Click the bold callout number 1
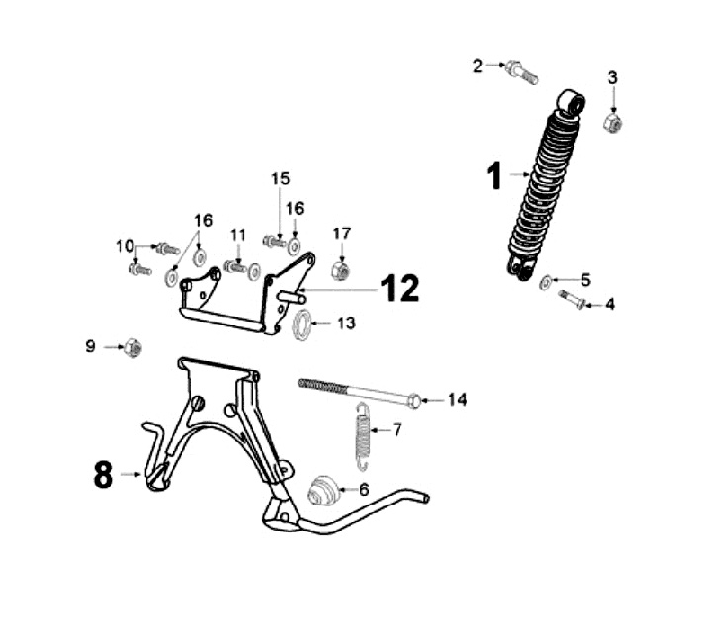point(493,177)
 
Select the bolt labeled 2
point(519,71)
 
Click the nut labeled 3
point(612,123)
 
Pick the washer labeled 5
point(547,282)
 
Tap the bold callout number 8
point(103,476)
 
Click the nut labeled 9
point(132,347)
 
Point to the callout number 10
point(125,246)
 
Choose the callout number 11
point(237,234)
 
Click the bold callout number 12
point(400,288)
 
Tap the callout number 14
point(456,400)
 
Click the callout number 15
point(280,178)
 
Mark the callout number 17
point(341,233)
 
